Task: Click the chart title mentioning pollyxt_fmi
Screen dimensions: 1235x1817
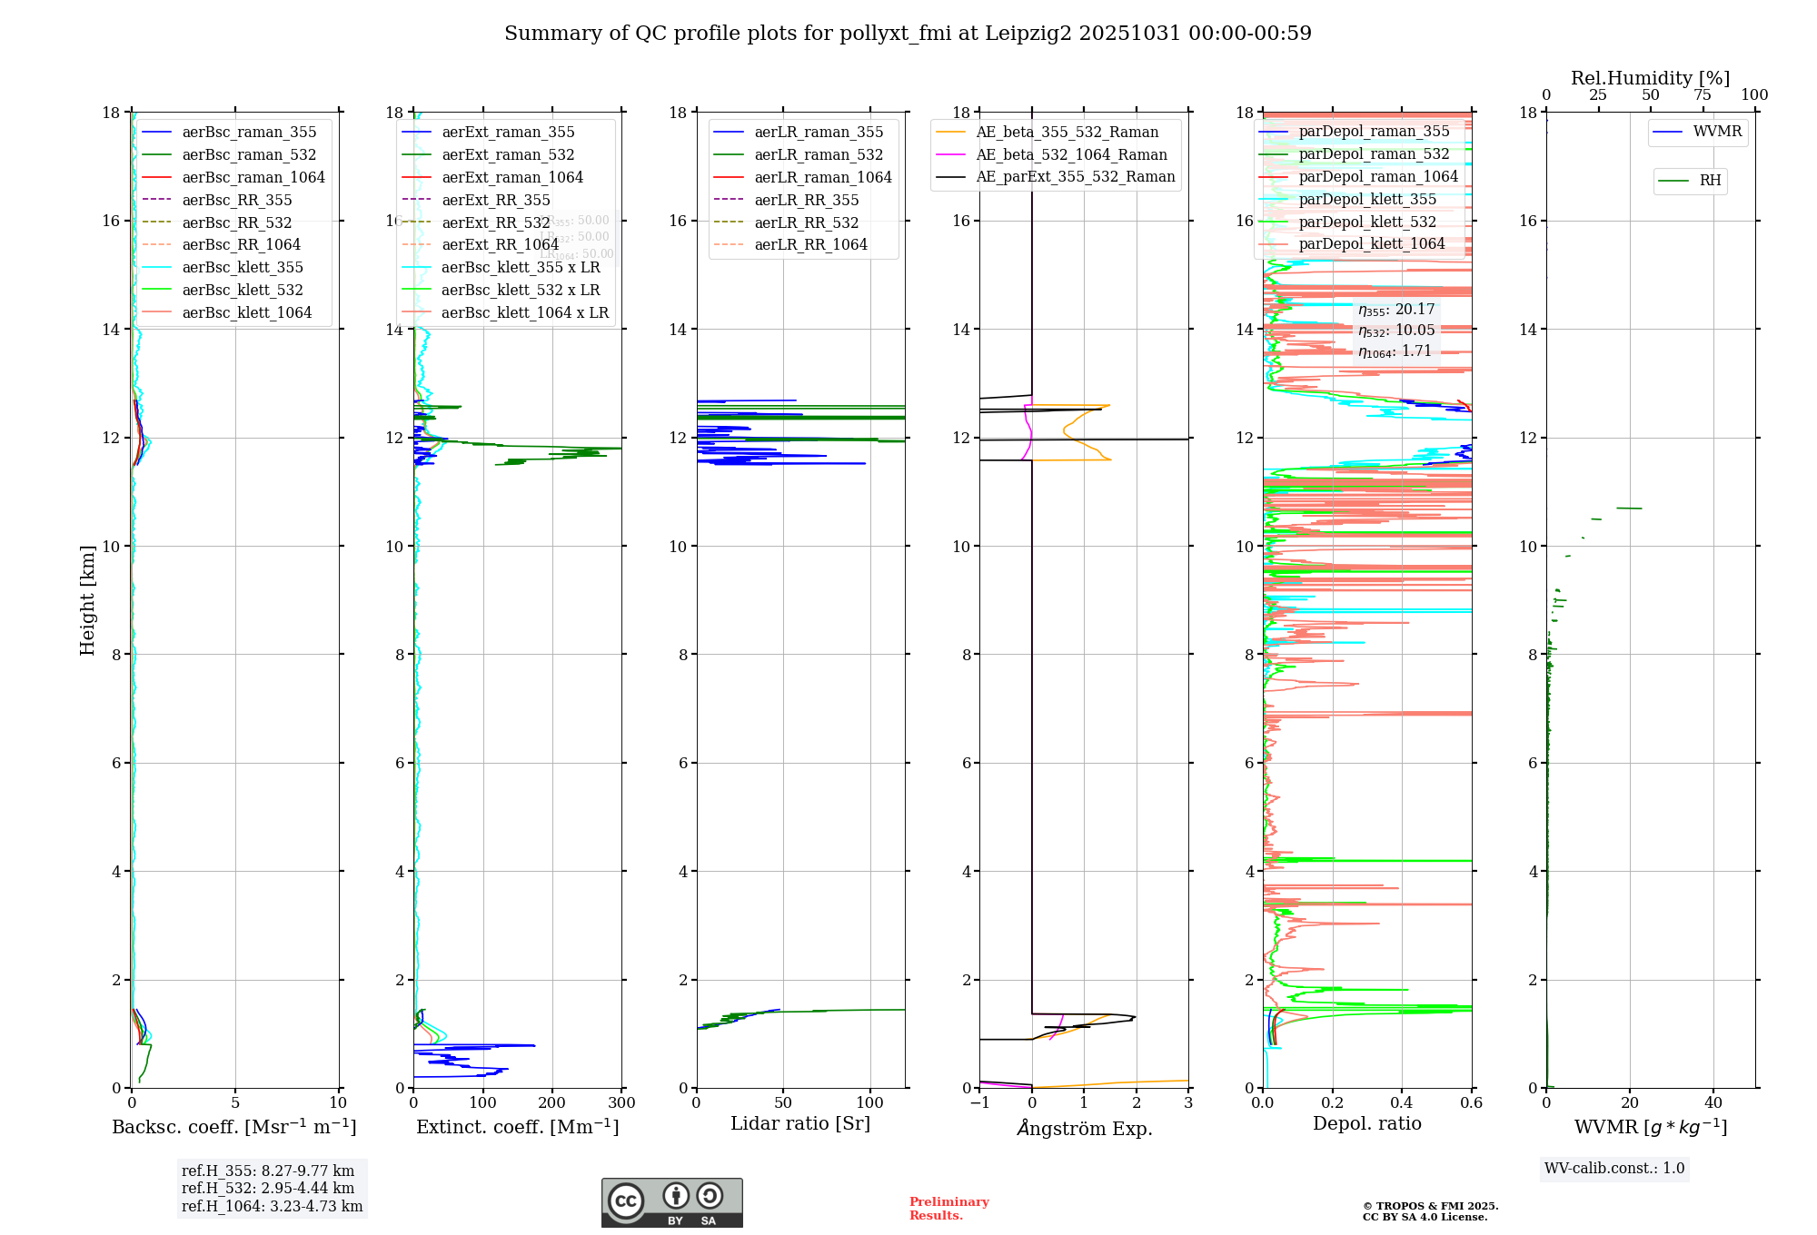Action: [908, 34]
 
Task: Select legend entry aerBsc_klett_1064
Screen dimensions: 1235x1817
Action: [246, 312]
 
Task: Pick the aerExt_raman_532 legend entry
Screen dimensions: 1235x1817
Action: [508, 154]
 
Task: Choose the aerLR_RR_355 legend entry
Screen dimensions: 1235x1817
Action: [806, 200]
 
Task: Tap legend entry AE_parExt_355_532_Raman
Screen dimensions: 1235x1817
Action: [1075, 177]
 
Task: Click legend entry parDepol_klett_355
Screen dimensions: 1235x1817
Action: [1367, 199]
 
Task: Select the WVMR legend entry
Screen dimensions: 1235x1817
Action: [1717, 132]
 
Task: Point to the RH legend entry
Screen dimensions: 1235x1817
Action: [1710, 181]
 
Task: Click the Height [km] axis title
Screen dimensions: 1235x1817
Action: [87, 600]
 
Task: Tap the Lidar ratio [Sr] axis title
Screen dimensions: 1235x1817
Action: [800, 1123]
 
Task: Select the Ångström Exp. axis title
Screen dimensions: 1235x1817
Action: [1084, 1128]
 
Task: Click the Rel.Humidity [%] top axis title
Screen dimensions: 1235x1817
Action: [1650, 78]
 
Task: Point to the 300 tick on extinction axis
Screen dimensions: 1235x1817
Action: [621, 1102]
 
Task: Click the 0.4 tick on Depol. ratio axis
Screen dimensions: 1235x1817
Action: [1402, 1102]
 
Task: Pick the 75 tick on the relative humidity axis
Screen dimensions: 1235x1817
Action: [1703, 95]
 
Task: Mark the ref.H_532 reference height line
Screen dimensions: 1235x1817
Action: [268, 1188]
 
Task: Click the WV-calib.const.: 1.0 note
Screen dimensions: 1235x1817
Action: [1614, 1168]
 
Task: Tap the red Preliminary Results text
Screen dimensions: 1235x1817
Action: [948, 1208]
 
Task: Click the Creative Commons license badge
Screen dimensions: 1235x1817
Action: [671, 1202]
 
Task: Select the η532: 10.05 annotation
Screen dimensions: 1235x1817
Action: [1396, 331]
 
